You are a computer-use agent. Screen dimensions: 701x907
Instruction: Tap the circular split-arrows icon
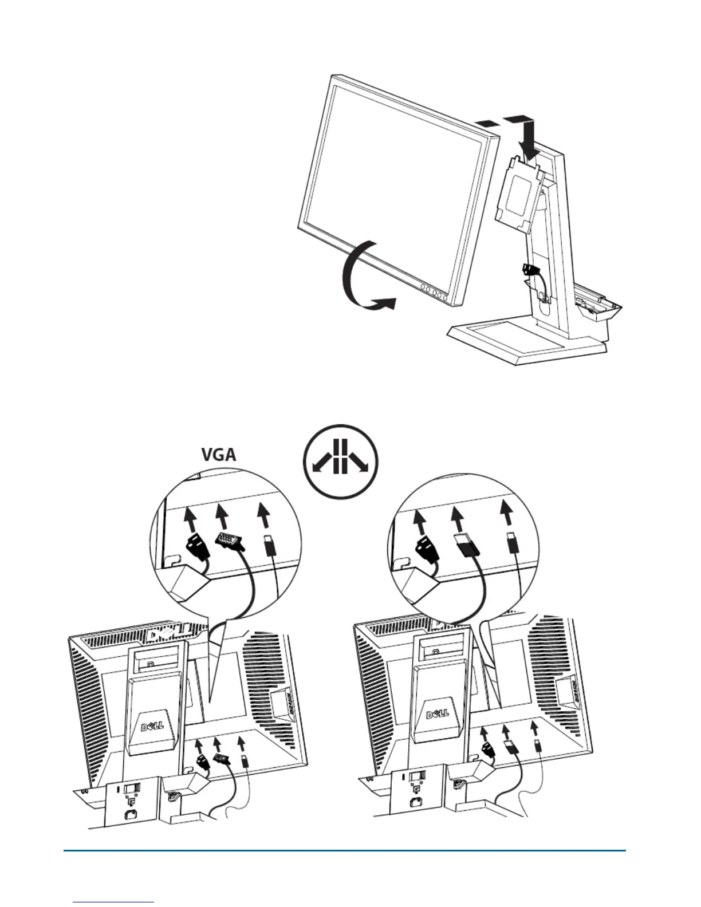(341, 461)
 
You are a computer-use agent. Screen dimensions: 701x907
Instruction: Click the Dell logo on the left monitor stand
(152, 725)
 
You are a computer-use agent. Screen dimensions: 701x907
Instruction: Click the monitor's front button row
(432, 292)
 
